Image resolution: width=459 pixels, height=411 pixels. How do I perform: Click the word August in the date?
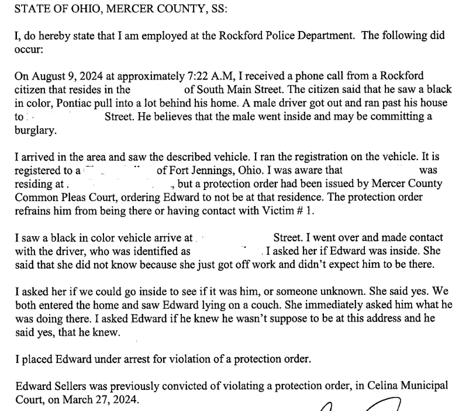(44, 77)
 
